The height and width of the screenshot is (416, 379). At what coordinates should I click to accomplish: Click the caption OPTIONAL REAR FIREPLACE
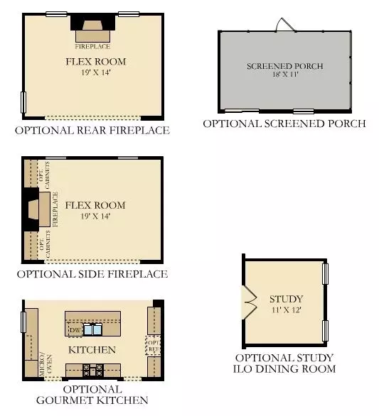point(93,131)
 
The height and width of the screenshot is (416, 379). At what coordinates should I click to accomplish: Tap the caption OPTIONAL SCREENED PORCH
point(284,124)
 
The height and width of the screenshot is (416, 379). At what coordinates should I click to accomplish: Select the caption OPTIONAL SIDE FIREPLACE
point(92,274)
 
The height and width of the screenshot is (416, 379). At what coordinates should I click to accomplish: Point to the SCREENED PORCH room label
point(285,66)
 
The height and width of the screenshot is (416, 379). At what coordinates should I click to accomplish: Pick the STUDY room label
point(287,299)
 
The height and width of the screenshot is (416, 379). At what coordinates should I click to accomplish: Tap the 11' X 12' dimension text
point(287,310)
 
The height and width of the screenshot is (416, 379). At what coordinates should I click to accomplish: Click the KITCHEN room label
point(92,350)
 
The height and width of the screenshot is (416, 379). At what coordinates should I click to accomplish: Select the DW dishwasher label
point(75,331)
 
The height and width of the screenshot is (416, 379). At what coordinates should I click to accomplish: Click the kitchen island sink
point(92,329)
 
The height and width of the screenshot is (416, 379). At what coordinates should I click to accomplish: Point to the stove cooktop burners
point(92,369)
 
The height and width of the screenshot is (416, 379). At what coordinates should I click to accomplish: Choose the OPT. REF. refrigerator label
point(154,345)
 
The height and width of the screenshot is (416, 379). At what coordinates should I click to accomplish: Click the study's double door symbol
point(250,301)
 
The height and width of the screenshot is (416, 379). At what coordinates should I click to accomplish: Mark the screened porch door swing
point(284,25)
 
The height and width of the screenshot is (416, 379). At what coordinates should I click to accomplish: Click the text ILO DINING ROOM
point(285,369)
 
